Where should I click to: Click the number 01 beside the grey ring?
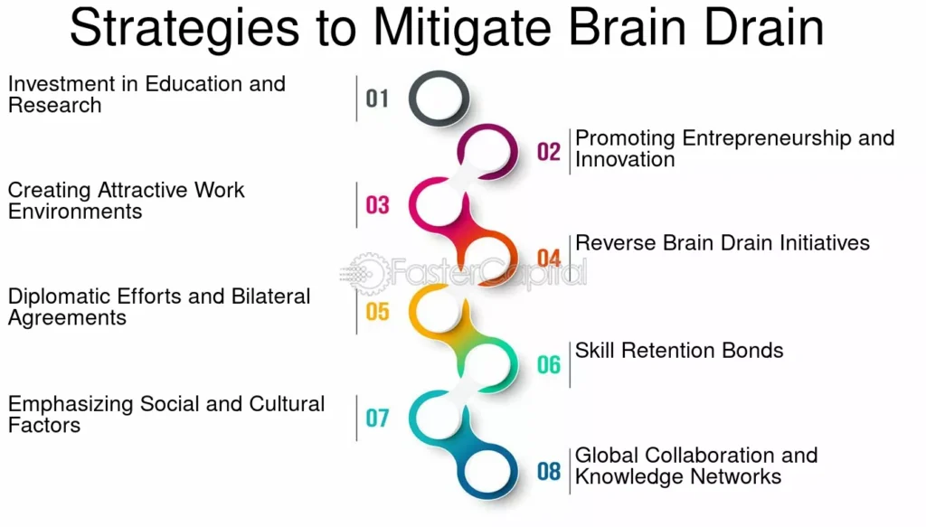(x=377, y=98)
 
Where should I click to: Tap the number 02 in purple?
(x=549, y=151)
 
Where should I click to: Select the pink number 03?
(x=377, y=204)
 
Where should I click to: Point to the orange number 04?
(x=549, y=258)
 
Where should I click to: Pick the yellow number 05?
(x=377, y=312)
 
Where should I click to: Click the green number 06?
(x=549, y=364)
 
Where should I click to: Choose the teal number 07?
(x=377, y=418)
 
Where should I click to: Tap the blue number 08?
(x=549, y=471)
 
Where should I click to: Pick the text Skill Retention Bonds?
(x=679, y=351)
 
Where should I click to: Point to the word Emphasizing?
(x=71, y=404)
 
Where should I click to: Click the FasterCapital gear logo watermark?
(x=365, y=272)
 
